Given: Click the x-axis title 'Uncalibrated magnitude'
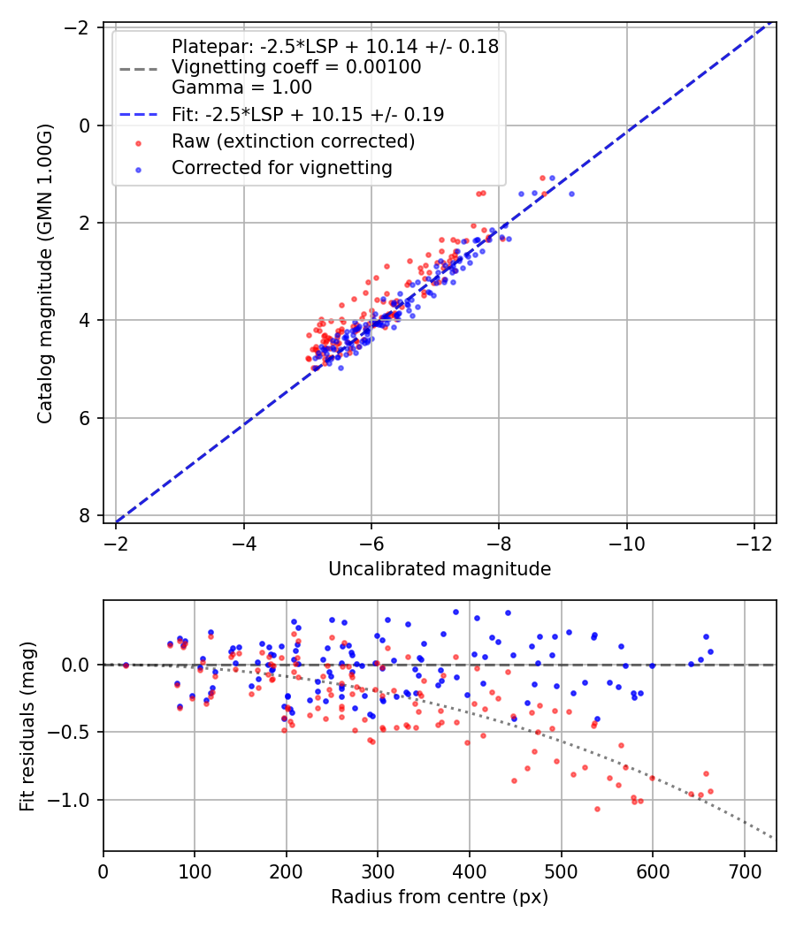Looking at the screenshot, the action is [440, 569].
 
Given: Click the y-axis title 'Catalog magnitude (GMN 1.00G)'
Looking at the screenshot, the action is [45, 273].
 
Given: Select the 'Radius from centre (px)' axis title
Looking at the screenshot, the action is [440, 897].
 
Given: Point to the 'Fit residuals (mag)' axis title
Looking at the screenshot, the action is [27, 726].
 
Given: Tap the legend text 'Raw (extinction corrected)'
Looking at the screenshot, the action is [293, 141].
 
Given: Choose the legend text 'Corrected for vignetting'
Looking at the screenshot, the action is [282, 168].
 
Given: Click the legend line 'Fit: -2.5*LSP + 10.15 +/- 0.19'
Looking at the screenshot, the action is [139, 114].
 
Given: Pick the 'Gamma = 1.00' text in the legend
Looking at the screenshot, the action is [241, 87].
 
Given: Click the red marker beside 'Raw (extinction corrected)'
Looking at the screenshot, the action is [139, 142].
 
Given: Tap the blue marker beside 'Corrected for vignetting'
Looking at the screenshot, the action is [139, 170].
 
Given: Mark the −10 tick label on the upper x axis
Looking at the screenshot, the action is [626, 543].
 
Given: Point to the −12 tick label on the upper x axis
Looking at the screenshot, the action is [754, 543].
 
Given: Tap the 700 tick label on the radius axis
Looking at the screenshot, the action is [745, 871].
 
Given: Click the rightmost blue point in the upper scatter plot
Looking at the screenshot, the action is [571, 194].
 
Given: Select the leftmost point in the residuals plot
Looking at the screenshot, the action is [126, 666].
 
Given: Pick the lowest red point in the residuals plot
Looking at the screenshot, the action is [597, 809].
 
